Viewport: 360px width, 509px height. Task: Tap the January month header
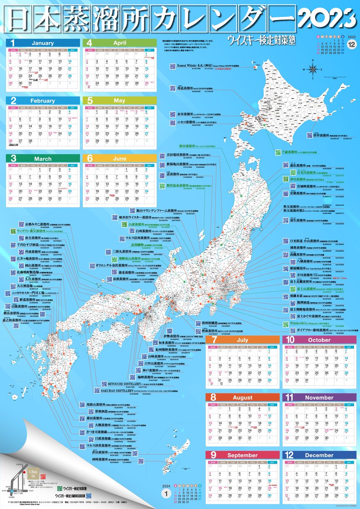42,43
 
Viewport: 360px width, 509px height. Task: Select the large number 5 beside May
90,101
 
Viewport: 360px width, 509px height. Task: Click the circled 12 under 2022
352,44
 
